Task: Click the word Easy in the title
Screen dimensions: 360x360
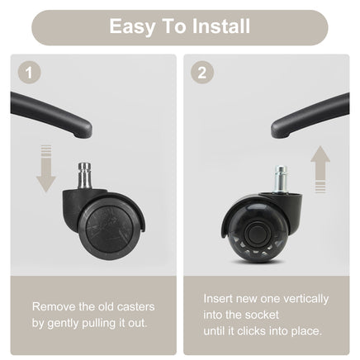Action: [132, 27]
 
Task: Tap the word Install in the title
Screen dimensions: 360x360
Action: [221, 26]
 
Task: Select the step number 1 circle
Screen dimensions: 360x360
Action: [30, 73]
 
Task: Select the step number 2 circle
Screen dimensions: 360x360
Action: [202, 73]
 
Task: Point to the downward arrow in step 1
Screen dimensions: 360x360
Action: [46, 168]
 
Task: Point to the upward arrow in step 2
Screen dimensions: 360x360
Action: [320, 169]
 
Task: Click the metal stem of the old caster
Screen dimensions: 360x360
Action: [84, 176]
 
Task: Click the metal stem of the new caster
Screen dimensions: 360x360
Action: [281, 180]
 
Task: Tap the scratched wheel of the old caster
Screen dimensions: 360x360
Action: [110, 227]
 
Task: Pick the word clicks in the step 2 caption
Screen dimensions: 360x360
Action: [252, 331]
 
